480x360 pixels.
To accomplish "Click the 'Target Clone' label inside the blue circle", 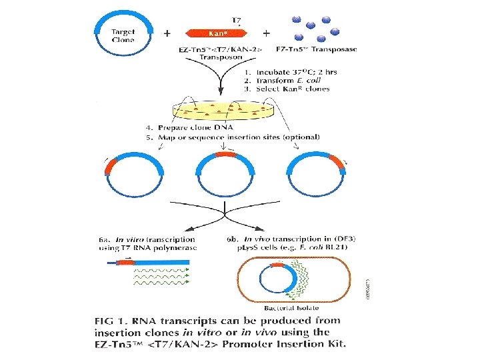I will pyautogui.click(x=123, y=35).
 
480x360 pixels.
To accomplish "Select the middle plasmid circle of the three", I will pyautogui.click(x=226, y=176).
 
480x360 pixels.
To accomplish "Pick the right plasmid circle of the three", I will pyautogui.click(x=316, y=176).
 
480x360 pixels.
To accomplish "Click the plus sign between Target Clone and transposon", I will pyautogui.click(x=167, y=32).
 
